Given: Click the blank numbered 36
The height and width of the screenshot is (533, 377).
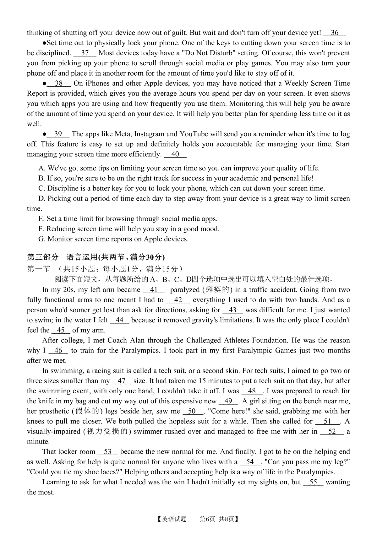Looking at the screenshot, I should coord(335,33).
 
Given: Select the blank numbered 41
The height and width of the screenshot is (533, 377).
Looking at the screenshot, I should coord(154,290).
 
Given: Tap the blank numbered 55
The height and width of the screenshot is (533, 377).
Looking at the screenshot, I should coord(313,482).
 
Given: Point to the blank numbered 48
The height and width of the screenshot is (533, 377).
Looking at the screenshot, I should coord(252,391).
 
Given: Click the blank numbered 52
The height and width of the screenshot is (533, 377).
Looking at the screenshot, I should coord(332,432).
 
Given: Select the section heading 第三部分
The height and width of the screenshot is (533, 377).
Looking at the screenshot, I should coord(43,257).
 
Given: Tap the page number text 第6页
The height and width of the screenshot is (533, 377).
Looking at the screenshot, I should coord(207,519).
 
